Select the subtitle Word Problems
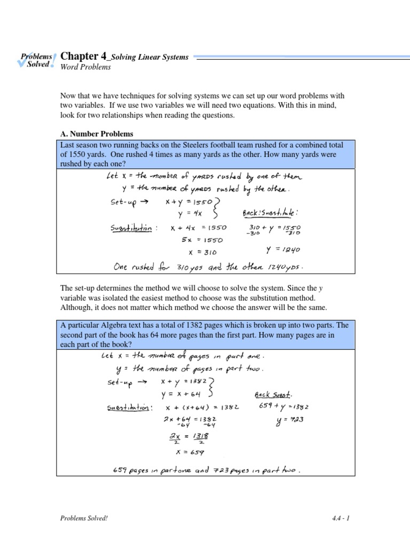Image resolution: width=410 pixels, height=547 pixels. click(85, 67)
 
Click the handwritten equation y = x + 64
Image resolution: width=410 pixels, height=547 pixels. click(180, 394)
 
